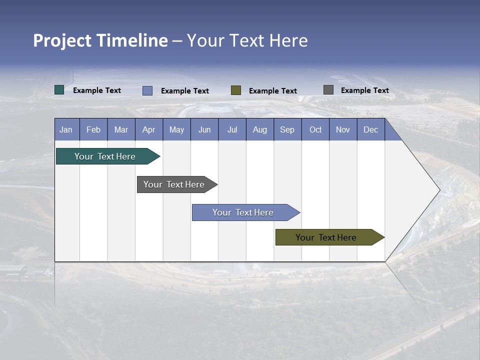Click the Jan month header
click(x=66, y=129)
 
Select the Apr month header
click(x=148, y=129)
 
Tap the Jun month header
click(x=204, y=129)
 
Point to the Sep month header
click(x=287, y=129)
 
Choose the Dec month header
click(x=370, y=129)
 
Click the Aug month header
click(x=259, y=129)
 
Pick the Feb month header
click(x=93, y=129)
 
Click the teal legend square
click(x=59, y=90)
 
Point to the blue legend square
click(x=147, y=90)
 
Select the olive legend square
click(x=236, y=90)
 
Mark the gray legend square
click(x=328, y=90)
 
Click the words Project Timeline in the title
click(x=100, y=40)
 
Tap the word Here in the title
click(x=288, y=40)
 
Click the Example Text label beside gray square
click(x=364, y=90)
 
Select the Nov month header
click(x=342, y=129)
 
